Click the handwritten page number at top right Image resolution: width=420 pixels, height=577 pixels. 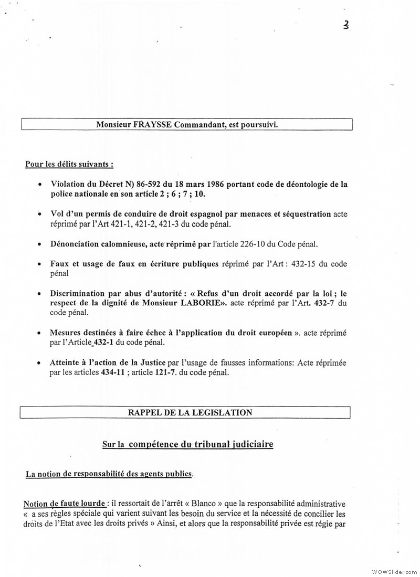[x=346, y=25]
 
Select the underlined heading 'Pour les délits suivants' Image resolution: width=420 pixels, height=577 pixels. [x=69, y=164]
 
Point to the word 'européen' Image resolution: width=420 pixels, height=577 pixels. [x=272, y=333]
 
